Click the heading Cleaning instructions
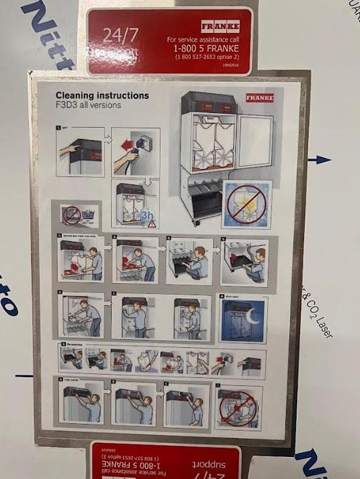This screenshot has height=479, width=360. pos(102,96)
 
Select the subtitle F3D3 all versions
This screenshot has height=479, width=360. pos(88,105)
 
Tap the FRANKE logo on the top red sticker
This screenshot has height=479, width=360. pos(220,26)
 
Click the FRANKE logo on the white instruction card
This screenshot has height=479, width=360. pos(259,98)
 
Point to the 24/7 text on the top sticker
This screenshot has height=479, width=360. pos(120,36)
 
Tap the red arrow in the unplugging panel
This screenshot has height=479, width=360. pos(126,145)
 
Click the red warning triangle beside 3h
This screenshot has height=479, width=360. pos(152,224)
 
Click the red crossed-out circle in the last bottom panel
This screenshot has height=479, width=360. pos(239,408)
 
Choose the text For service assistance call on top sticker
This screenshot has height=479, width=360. pos(203,39)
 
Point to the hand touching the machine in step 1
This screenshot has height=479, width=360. pos(68,151)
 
